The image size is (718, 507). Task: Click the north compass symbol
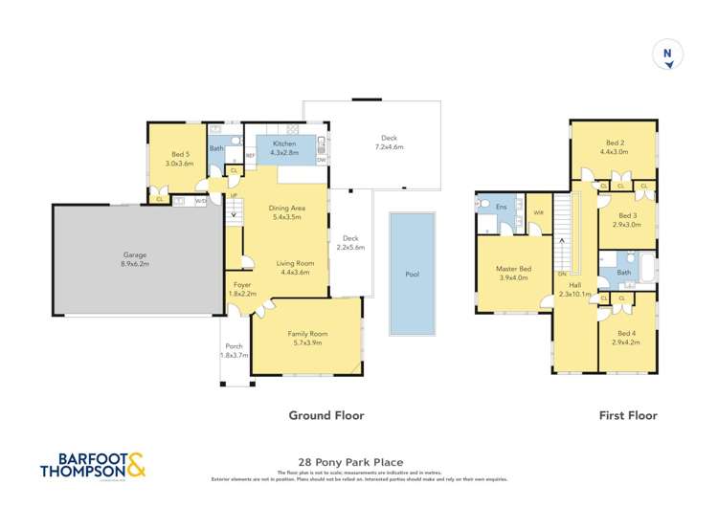pyautogui.click(x=666, y=55)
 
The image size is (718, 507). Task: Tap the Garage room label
pyautogui.click(x=134, y=256)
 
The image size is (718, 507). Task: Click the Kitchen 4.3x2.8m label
pyautogui.click(x=285, y=147)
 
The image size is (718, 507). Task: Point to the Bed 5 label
pyautogui.click(x=181, y=158)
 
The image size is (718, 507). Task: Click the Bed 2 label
pyautogui.click(x=613, y=146)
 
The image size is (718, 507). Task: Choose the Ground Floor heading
pyautogui.click(x=326, y=416)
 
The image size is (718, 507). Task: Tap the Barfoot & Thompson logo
pyautogui.click(x=93, y=464)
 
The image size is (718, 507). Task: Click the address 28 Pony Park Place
pyautogui.click(x=358, y=460)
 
